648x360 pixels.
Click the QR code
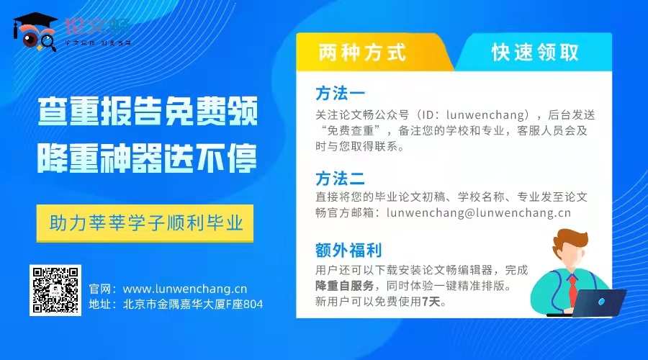(54, 290)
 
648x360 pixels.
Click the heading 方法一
(341, 94)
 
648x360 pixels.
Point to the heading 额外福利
(348, 251)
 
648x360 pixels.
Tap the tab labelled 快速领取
(536, 53)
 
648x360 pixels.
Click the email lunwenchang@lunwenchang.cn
(479, 212)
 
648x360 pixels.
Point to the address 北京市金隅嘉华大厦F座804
(193, 305)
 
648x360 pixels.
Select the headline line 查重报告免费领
(148, 114)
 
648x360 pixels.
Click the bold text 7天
(431, 302)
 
